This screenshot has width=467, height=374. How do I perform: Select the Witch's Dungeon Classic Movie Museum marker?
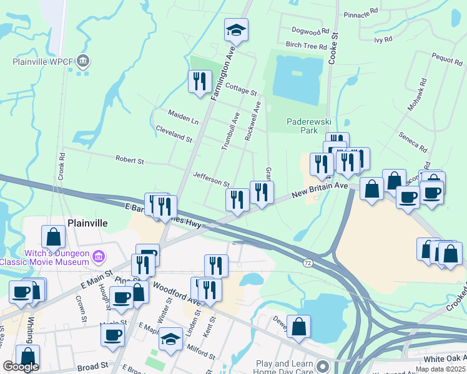97,257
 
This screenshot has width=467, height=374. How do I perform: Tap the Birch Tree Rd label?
306,46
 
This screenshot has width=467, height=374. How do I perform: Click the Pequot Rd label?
447,60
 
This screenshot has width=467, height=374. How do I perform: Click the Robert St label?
130,160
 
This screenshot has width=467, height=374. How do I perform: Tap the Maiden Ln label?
183,115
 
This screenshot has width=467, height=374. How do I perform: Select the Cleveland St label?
174,133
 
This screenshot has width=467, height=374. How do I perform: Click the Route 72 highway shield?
307,263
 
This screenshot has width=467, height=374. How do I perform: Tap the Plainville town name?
88,223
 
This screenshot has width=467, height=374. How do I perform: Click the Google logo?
21,367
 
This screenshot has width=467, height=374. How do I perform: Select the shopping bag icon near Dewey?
299,327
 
